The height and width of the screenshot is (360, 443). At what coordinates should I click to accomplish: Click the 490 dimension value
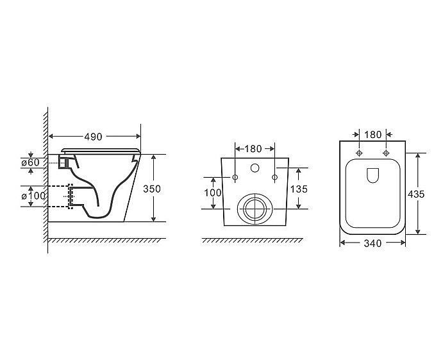pyautogui.click(x=93, y=137)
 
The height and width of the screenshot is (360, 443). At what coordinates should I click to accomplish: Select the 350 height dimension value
pyautogui.click(x=152, y=189)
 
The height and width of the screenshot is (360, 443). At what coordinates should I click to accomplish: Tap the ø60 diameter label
pyautogui.click(x=31, y=162)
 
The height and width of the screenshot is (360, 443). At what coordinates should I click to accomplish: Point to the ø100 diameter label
pyautogui.click(x=33, y=196)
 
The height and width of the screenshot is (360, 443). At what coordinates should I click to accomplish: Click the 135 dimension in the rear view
pyautogui.click(x=299, y=189)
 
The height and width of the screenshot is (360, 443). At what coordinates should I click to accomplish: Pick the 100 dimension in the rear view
pyautogui.click(x=213, y=193)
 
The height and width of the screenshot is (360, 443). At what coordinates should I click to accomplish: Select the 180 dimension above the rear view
pyautogui.click(x=253, y=149)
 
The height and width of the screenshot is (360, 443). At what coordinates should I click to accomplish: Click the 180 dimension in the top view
pyautogui.click(x=372, y=135)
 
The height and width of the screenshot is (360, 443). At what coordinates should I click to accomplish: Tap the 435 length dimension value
pyautogui.click(x=416, y=194)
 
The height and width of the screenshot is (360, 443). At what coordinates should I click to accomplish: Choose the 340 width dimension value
pyautogui.click(x=372, y=243)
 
